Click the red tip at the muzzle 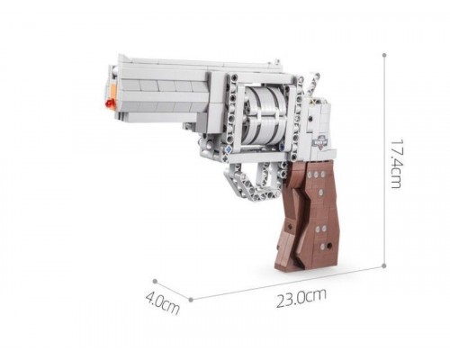pyautogui.click(x=110, y=103)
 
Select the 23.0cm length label pyautogui.click(x=301, y=298)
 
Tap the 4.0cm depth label pyautogui.click(x=162, y=303)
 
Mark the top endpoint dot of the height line pyautogui.click(x=384, y=55)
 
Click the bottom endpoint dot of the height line pyautogui.click(x=383, y=265)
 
